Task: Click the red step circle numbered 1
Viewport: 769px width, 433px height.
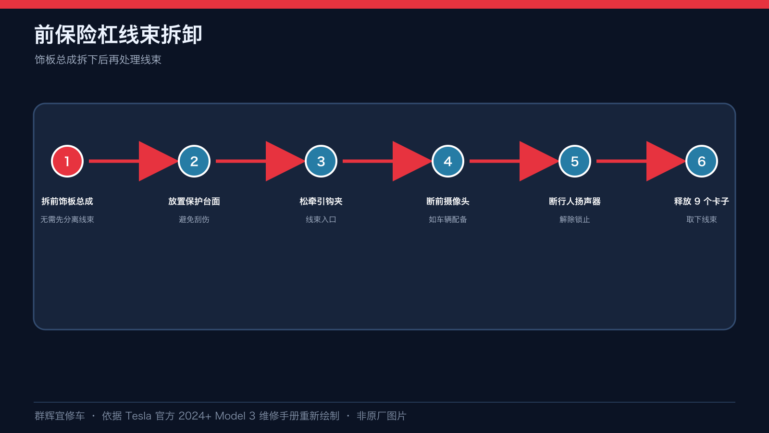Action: click(x=67, y=161)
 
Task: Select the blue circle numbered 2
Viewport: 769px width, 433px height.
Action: click(x=194, y=161)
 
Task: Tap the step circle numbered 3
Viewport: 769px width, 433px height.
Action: click(x=321, y=161)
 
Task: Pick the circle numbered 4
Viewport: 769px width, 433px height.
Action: click(x=447, y=161)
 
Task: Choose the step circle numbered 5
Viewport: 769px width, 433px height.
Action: click(x=575, y=161)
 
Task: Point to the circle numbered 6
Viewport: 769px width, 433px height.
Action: click(x=701, y=161)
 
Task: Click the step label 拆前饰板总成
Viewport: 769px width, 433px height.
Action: click(x=67, y=202)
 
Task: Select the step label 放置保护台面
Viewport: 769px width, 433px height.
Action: click(x=194, y=202)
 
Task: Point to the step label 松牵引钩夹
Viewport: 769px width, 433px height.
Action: click(x=321, y=202)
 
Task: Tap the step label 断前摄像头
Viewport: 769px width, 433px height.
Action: click(x=447, y=202)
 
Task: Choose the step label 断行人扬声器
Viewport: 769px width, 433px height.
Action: click(x=575, y=202)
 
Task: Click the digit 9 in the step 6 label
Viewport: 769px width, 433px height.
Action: click(x=697, y=202)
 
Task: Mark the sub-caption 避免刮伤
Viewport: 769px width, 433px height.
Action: click(x=194, y=219)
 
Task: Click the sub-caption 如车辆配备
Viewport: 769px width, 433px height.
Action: click(x=447, y=219)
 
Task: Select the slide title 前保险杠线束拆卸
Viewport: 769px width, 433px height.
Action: click(x=118, y=35)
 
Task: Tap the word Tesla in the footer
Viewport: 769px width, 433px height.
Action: click(x=138, y=416)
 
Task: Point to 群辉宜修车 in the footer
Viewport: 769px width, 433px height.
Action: click(x=60, y=416)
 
